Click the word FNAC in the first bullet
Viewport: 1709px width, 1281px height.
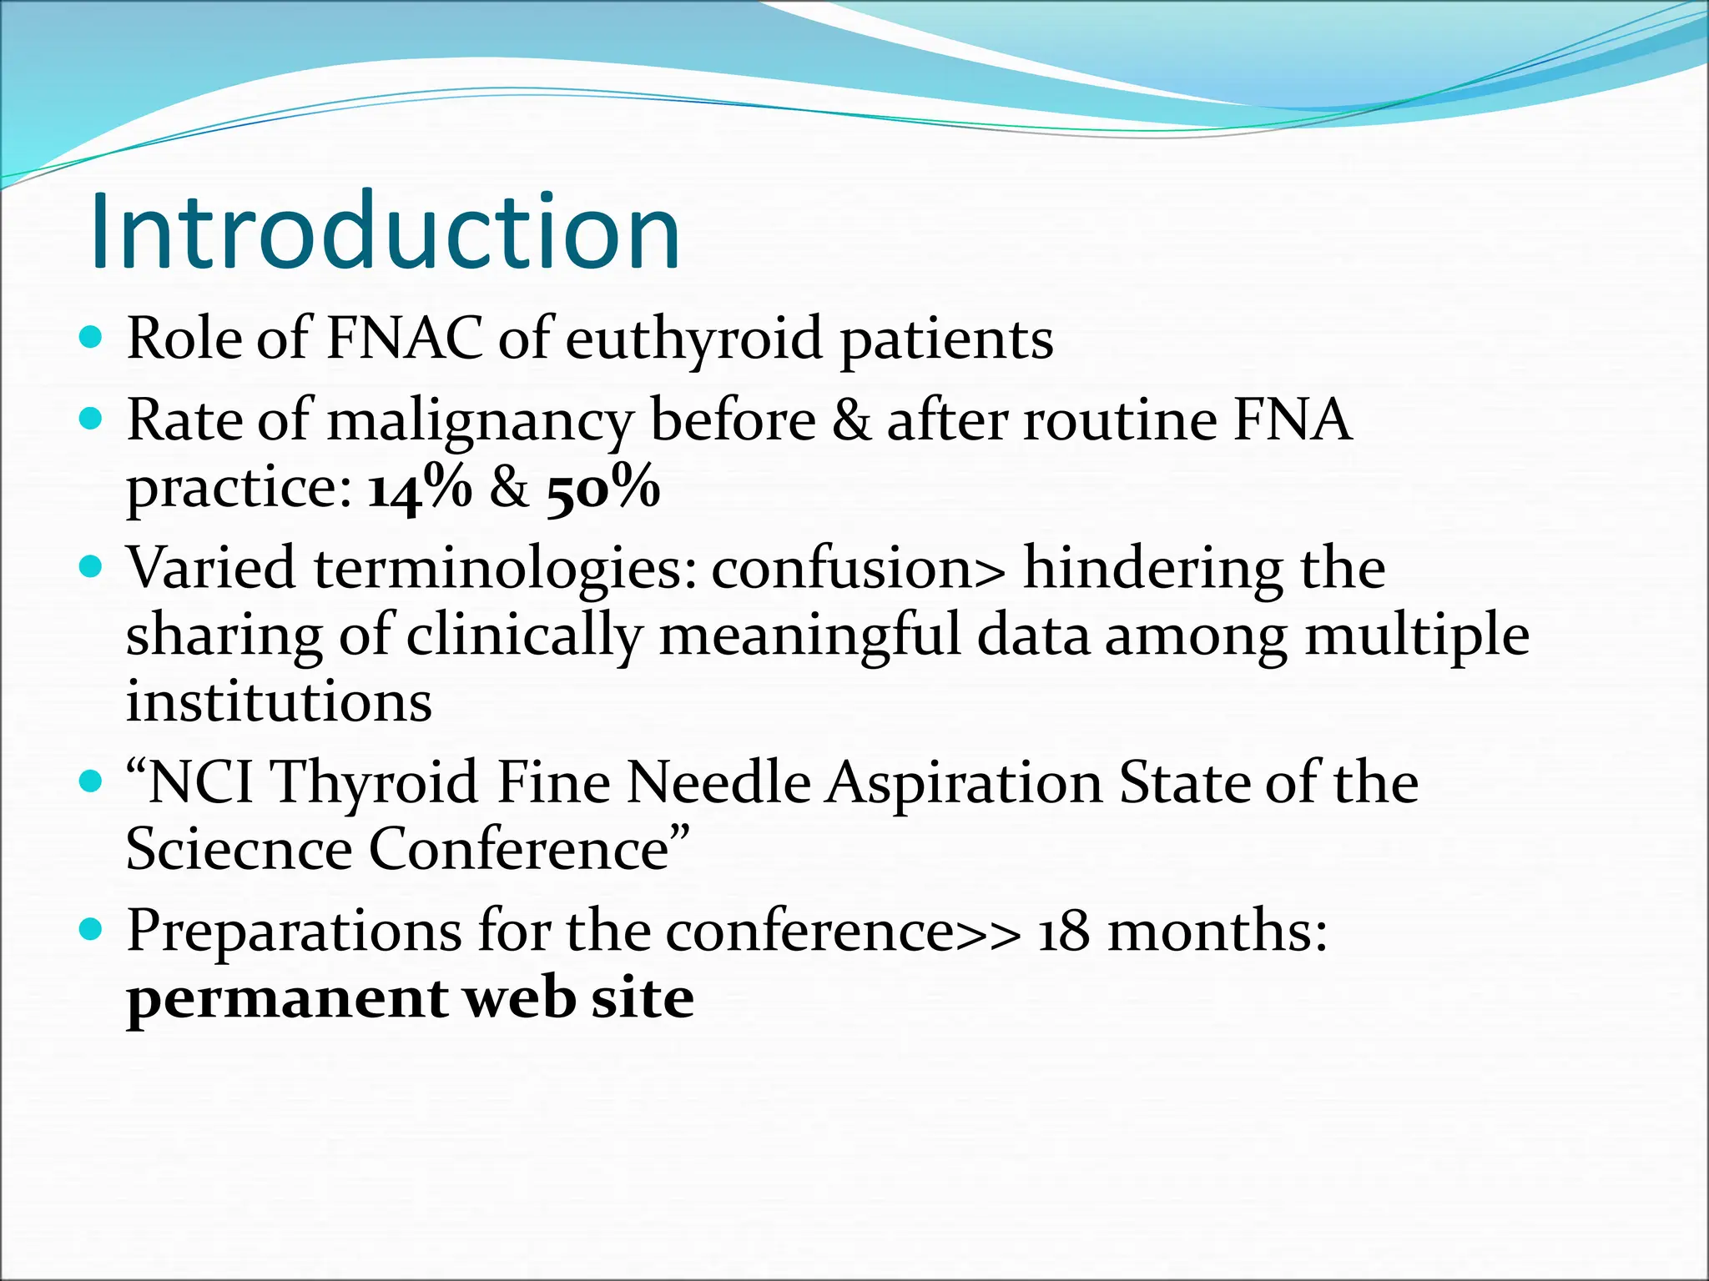pyautogui.click(x=404, y=339)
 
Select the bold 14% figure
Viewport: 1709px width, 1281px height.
pyautogui.click(x=420, y=488)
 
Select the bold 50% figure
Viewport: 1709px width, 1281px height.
pyautogui.click(x=603, y=488)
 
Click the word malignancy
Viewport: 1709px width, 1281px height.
pyautogui.click(x=479, y=421)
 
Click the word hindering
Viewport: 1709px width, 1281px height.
pyautogui.click(x=1152, y=570)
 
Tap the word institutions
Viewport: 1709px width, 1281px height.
pyautogui.click(x=279, y=701)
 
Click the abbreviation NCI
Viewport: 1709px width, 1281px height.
pyautogui.click(x=200, y=783)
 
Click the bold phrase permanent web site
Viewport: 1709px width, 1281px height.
pyautogui.click(x=410, y=998)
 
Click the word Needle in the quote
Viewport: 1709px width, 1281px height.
pyautogui.click(x=718, y=783)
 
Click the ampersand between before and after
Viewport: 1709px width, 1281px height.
pyautogui.click(x=850, y=421)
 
